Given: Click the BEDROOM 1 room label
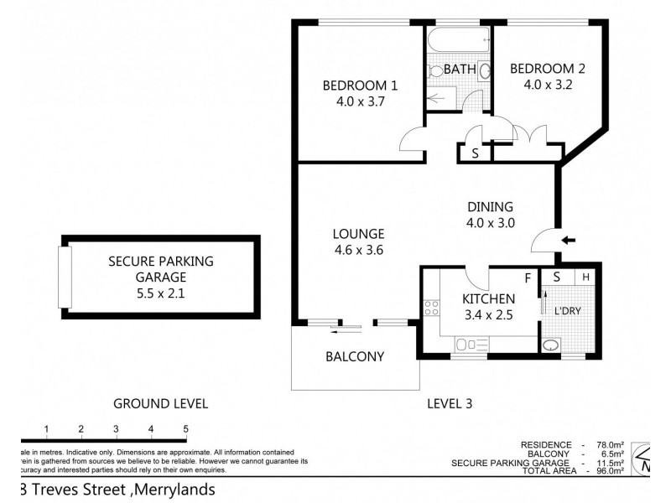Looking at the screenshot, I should [x=361, y=86].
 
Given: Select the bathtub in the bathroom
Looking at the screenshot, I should [x=457, y=40].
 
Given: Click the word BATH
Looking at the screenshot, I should [x=460, y=68].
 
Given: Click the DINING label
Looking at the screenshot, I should [x=490, y=207].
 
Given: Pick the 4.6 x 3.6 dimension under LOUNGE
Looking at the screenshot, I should [x=357, y=250].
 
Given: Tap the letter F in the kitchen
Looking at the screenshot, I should [x=528, y=277].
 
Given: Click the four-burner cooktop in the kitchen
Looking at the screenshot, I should [x=432, y=308].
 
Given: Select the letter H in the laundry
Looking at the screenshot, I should [x=586, y=277].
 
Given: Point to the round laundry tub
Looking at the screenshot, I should [x=552, y=346].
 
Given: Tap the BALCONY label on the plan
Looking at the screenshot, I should [x=355, y=356].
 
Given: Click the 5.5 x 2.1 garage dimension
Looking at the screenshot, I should [x=161, y=293].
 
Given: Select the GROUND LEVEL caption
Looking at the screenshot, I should [x=160, y=404].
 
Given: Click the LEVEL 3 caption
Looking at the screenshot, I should [x=450, y=404].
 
